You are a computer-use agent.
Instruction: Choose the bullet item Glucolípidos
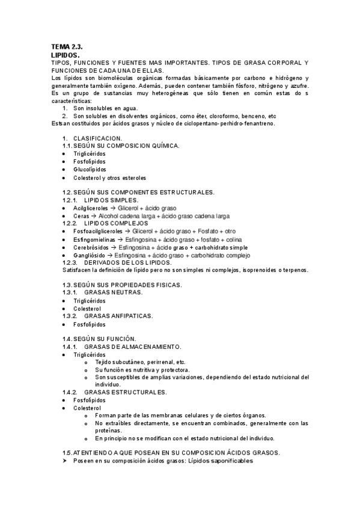pyautogui.click(x=91, y=169)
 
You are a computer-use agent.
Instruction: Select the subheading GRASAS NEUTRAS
pyautogui.click(x=113, y=292)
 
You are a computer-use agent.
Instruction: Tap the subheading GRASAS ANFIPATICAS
pyautogui.click(x=118, y=316)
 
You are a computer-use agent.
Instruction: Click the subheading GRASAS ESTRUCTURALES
pyautogui.click(x=126, y=392)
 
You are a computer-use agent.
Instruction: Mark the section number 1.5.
pyautogui.click(x=67, y=452)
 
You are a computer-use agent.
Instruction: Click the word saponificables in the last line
pyautogui.click(x=231, y=461)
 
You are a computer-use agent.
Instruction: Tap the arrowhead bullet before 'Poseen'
pyautogui.click(x=66, y=461)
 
